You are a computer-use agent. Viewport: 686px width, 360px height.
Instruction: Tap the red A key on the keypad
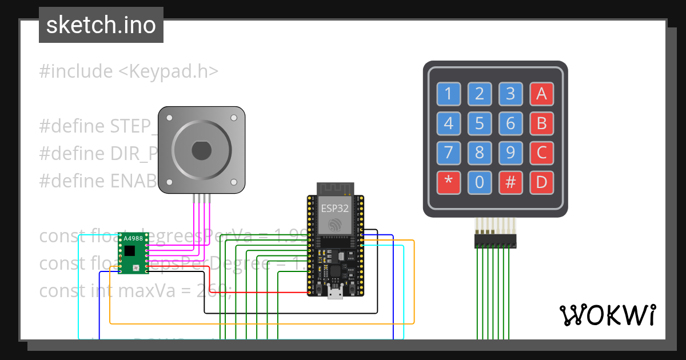click(541, 94)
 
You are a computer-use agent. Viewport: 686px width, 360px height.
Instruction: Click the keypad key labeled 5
click(480, 123)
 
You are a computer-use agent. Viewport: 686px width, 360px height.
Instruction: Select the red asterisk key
click(449, 182)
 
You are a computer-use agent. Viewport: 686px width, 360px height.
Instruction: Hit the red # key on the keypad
click(510, 182)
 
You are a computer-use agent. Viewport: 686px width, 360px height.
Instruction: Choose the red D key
click(541, 182)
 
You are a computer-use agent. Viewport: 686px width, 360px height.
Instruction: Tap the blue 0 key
click(480, 182)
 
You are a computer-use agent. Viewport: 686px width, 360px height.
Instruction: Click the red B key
click(541, 123)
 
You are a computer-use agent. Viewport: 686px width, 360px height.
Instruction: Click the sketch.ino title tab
click(101, 25)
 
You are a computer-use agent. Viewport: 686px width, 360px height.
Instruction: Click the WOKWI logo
click(607, 315)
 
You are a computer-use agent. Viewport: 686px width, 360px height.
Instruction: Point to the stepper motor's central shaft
click(201, 150)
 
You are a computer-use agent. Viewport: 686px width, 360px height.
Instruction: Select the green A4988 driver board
click(133, 253)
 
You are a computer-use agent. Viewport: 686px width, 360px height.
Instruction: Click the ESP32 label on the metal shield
click(336, 207)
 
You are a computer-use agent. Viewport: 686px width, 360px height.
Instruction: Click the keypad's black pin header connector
click(495, 241)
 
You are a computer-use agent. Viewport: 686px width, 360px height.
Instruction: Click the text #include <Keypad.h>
click(129, 71)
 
